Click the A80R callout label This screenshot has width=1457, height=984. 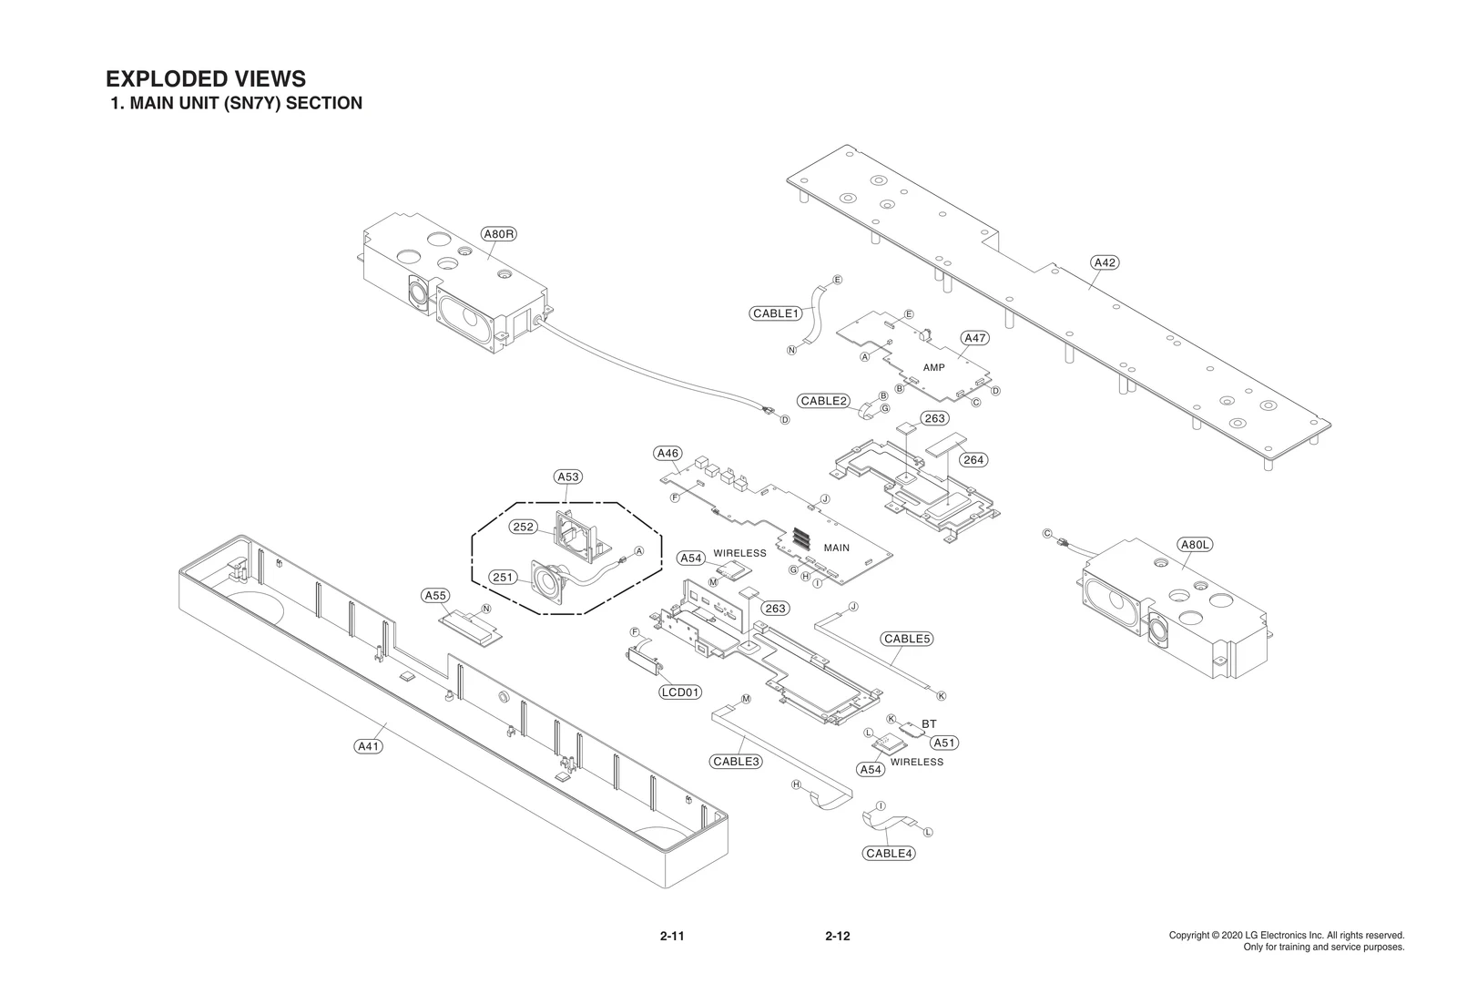[499, 234]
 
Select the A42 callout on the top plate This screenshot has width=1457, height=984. [1104, 262]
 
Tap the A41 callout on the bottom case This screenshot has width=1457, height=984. [368, 746]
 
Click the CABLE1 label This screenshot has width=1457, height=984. [776, 313]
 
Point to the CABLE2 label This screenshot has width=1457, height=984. [824, 401]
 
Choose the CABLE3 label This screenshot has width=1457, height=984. [736, 761]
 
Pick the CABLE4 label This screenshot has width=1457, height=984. [889, 854]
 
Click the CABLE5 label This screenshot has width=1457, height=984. [907, 639]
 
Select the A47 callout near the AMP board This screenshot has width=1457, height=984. [974, 338]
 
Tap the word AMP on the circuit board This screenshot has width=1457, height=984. [934, 368]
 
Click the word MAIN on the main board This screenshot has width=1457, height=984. [836, 548]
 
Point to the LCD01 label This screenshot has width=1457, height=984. [680, 692]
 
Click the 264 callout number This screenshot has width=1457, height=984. [973, 460]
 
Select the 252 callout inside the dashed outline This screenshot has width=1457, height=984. [523, 527]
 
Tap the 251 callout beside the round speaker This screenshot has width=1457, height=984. [504, 577]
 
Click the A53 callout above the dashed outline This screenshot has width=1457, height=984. [567, 477]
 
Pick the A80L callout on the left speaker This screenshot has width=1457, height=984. [1194, 545]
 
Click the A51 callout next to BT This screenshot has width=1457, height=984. [943, 743]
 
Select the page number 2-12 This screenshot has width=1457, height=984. [837, 936]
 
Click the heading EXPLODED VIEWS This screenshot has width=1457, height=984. [206, 79]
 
